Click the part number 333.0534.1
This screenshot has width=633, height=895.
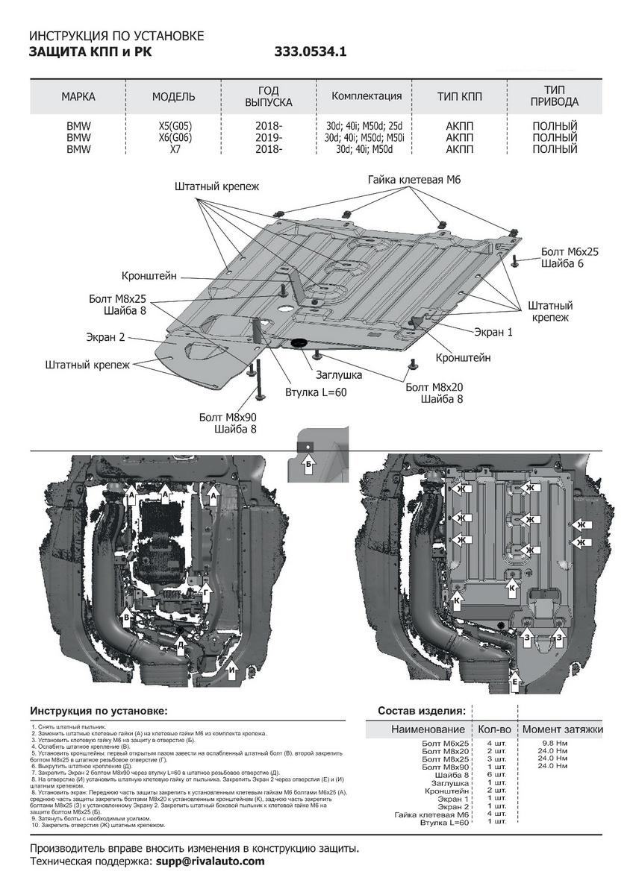pyautogui.click(x=311, y=52)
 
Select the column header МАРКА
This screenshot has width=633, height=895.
pyautogui.click(x=78, y=97)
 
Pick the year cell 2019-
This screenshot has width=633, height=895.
pyautogui.click(x=269, y=138)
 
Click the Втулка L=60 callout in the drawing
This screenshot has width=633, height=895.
pyautogui.click(x=316, y=392)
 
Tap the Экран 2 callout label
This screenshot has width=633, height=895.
pyautogui.click(x=105, y=337)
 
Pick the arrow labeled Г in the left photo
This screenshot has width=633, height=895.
pyautogui.click(x=207, y=589)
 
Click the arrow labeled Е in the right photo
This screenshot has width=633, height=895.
pyautogui.click(x=515, y=680)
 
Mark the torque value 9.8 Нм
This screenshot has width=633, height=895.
pyautogui.click(x=553, y=744)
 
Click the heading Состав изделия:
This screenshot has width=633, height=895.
pyautogui.click(x=422, y=711)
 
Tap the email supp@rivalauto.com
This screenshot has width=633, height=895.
pyautogui.click(x=210, y=861)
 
